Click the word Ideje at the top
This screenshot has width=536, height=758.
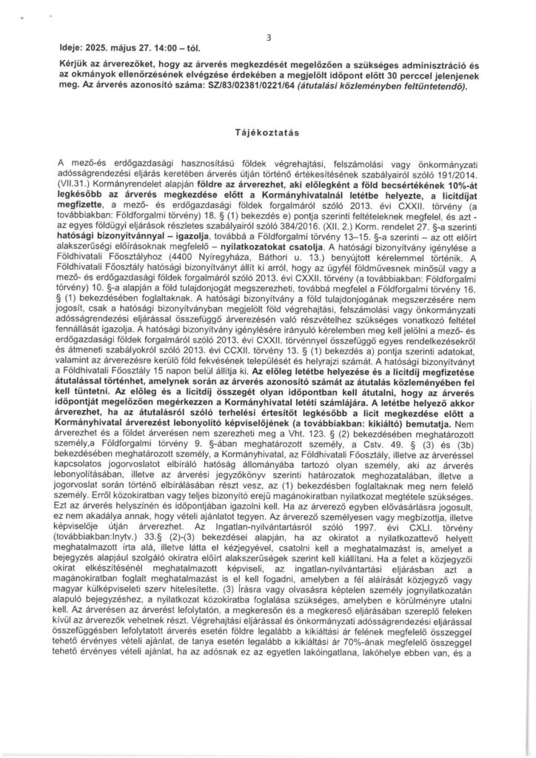pyautogui.click(x=71, y=50)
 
